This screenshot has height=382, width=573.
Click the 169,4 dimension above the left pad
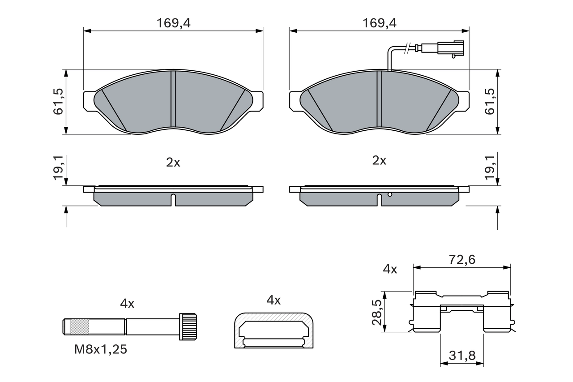pyautogui.click(x=173, y=24)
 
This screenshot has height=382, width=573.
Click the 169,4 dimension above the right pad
pyautogui.click(x=379, y=24)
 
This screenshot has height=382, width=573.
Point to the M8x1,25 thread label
pyautogui.click(x=101, y=349)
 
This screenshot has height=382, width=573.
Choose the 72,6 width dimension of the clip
pyautogui.click(x=461, y=259)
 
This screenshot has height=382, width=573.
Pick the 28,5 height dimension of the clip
pyautogui.click(x=377, y=312)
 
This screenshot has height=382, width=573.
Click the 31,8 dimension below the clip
pyautogui.click(x=462, y=356)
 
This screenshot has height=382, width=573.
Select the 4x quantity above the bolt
pyautogui.click(x=127, y=304)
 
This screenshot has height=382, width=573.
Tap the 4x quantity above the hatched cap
pyautogui.click(x=273, y=300)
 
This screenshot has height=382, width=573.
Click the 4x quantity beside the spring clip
pyautogui.click(x=390, y=269)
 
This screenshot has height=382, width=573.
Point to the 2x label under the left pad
pyautogui.click(x=173, y=162)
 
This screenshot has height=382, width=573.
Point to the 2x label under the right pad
pyautogui.click(x=379, y=160)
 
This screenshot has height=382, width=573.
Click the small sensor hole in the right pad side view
pyautogui.click(x=390, y=194)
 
